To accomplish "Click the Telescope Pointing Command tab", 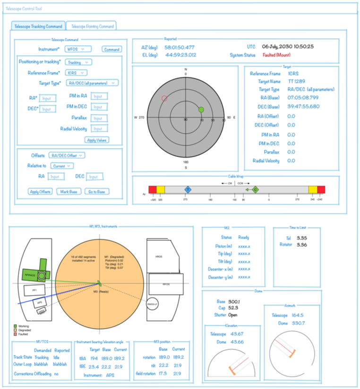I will (x=91, y=26).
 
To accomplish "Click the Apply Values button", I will (x=97, y=140).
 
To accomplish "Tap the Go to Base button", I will (x=96, y=192).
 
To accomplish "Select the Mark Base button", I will (x=68, y=192).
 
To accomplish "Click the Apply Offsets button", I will (x=40, y=192).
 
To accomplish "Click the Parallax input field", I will (x=99, y=118).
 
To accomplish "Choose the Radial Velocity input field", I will (x=99, y=129).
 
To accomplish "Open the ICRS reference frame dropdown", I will (x=76, y=73).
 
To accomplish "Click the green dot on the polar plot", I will (x=201, y=110).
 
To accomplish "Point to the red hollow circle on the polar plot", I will (x=164, y=98).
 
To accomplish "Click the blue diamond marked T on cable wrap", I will (x=188, y=189).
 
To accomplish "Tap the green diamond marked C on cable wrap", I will (x=256, y=189).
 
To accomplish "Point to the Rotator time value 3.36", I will (x=302, y=245).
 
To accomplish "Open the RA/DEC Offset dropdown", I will (x=68, y=155).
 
